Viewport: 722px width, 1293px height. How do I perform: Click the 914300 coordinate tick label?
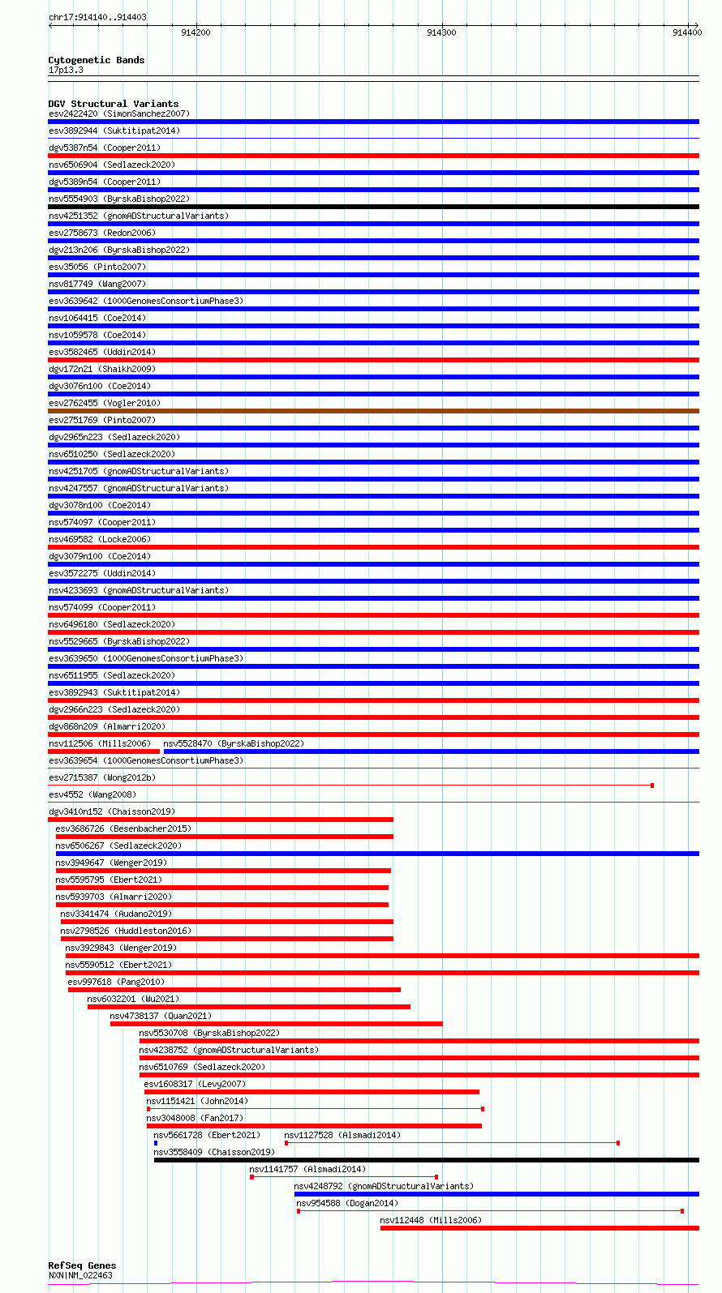pyautogui.click(x=441, y=32)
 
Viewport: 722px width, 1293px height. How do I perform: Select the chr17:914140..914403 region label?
pyautogui.click(x=97, y=17)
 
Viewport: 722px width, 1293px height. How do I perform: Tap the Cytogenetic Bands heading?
pyautogui.click(x=96, y=60)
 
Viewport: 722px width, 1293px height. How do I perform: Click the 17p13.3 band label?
pyautogui.click(x=66, y=70)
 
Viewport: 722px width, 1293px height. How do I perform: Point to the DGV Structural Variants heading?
pyautogui.click(x=113, y=104)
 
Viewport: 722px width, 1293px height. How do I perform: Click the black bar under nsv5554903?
pyautogui.click(x=373, y=207)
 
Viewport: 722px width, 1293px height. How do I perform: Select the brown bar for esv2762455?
pyautogui.click(x=373, y=411)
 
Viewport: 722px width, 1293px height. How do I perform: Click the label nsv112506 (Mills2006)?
pyautogui.click(x=99, y=743)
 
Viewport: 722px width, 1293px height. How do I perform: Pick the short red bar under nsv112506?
pyautogui.click(x=104, y=751)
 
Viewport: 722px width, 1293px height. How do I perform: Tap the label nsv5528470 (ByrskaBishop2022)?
pyautogui.click(x=234, y=743)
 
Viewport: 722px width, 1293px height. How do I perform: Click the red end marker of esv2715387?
pyautogui.click(x=652, y=786)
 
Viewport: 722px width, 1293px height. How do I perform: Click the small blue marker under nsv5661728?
pyautogui.click(x=156, y=1143)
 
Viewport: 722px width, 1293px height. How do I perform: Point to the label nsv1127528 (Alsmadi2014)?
pyautogui.click(x=342, y=1135)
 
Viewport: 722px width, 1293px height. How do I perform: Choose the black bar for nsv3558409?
pyautogui.click(x=426, y=1160)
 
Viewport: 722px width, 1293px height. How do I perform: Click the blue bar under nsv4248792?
pyautogui.click(x=496, y=1194)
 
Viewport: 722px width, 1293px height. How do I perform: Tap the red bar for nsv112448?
pyautogui.click(x=539, y=1228)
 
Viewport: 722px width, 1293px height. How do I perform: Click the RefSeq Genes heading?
pyautogui.click(x=82, y=1265)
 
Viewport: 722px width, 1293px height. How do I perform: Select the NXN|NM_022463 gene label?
pyautogui.click(x=80, y=1275)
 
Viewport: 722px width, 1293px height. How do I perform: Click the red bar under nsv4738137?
pyautogui.click(x=276, y=1024)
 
